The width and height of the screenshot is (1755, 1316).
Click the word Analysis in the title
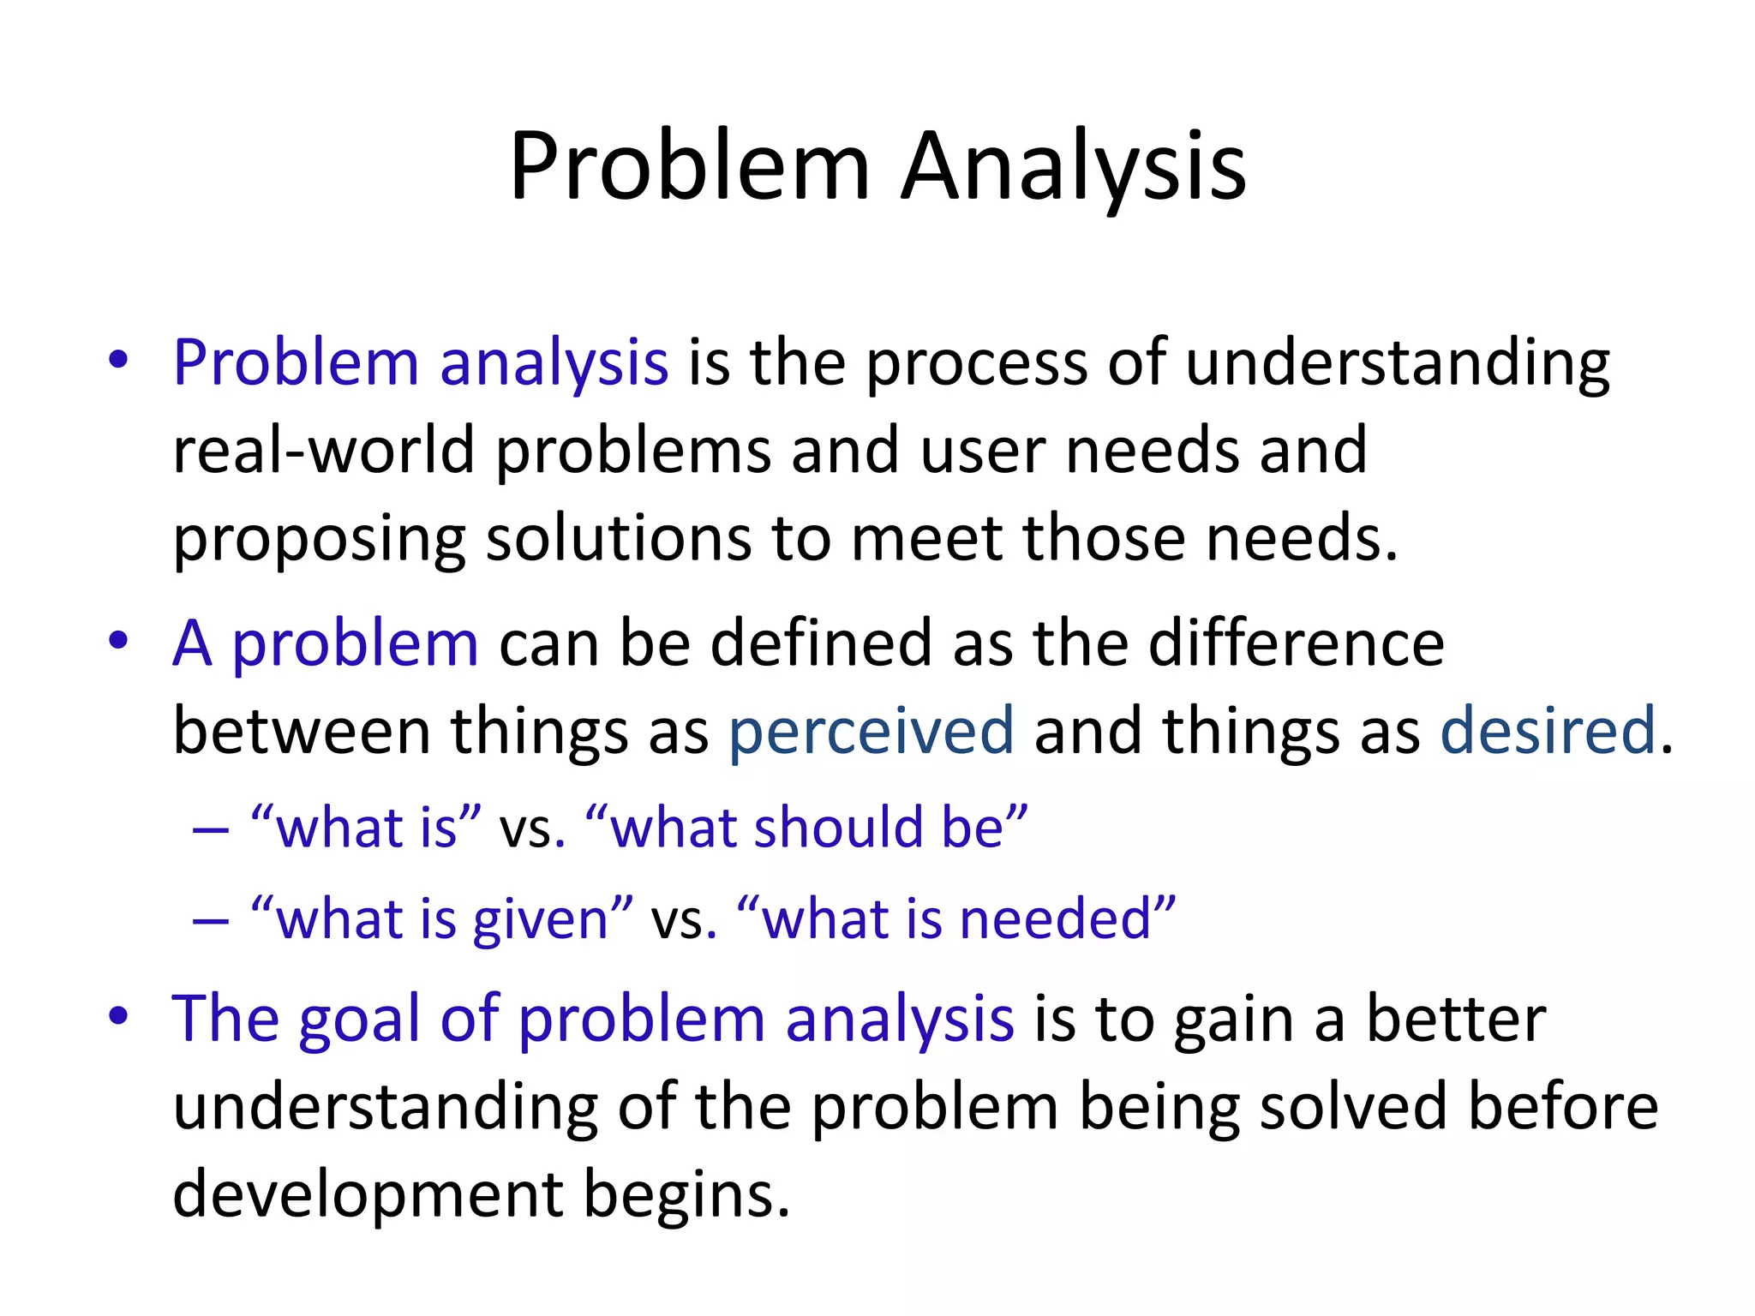[1074, 167]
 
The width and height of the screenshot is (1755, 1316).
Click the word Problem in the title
[690, 167]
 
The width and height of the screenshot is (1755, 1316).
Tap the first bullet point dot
[118, 360]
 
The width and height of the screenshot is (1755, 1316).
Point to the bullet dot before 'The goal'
[118, 1016]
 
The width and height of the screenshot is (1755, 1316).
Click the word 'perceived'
[872, 731]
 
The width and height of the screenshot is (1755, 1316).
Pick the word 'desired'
[1548, 731]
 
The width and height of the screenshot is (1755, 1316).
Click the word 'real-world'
[323, 451]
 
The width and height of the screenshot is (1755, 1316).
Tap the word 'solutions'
[618, 539]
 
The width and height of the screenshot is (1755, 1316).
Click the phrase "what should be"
[806, 828]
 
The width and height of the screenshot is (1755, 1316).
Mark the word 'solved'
[1353, 1107]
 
